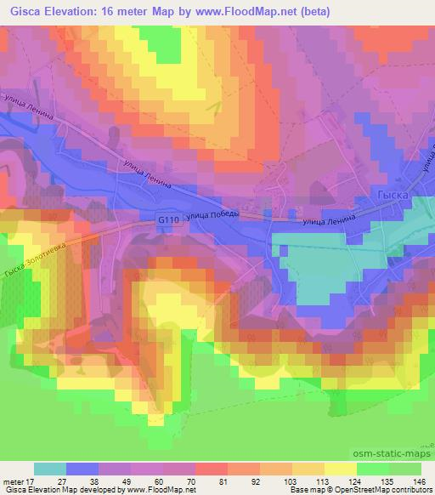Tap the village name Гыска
click(391, 196)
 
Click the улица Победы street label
click(215, 215)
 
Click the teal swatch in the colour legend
click(50, 469)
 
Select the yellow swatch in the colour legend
click(340, 469)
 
